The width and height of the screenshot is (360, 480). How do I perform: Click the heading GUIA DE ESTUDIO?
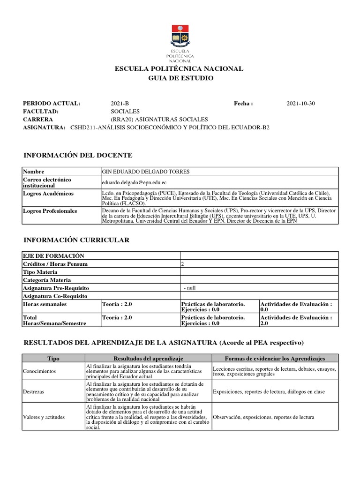[x=180, y=78]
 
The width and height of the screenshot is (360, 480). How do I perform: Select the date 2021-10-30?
[x=300, y=104]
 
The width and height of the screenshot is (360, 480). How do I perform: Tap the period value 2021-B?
[x=120, y=104]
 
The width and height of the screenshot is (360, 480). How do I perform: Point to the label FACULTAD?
[x=40, y=112]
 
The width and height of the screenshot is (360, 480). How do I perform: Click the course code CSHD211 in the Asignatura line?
[x=83, y=127]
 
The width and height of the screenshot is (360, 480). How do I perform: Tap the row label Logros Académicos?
[x=48, y=194]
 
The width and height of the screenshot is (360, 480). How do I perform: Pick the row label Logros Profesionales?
[x=50, y=211]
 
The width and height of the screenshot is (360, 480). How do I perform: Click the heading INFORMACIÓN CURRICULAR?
[x=76, y=240]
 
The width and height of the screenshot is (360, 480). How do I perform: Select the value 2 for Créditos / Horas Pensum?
[x=182, y=264]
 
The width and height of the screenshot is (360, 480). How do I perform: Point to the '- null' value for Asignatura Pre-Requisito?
[x=190, y=288]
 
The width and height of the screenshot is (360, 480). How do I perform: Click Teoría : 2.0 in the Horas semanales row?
[x=117, y=304]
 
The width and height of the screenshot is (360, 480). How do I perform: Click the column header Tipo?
[x=53, y=359]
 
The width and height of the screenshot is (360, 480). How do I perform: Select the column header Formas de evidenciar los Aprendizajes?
[x=275, y=359]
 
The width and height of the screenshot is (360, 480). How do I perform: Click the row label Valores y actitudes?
[x=44, y=417]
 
